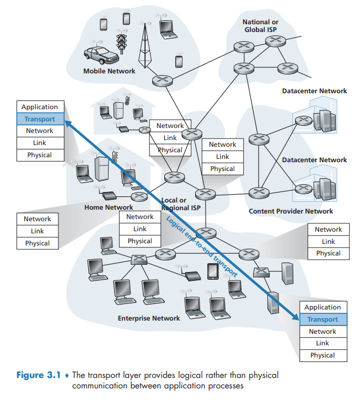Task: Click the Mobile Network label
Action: [x=109, y=71]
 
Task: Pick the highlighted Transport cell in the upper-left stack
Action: [x=40, y=119]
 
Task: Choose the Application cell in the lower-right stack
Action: [x=323, y=307]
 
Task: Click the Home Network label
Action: [x=109, y=207]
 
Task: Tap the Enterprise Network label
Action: [x=149, y=318]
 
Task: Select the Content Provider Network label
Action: [x=291, y=211]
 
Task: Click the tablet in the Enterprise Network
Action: [x=213, y=272]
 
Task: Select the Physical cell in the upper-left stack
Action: [x=40, y=155]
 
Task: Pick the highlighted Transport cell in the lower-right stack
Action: [x=323, y=319]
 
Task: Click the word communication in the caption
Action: [x=99, y=385]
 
